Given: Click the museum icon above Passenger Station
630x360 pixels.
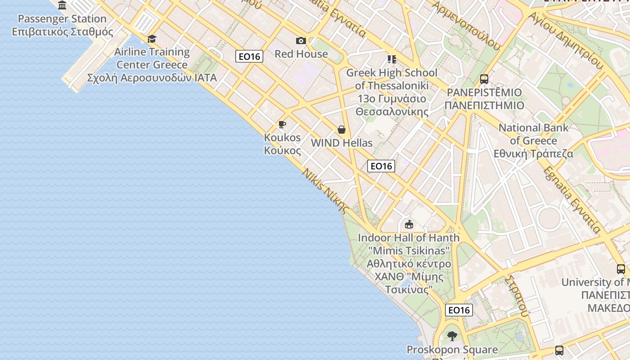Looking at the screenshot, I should [63, 5].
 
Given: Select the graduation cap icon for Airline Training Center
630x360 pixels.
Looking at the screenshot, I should [152, 39].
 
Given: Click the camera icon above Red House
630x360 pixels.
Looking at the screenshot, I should [301, 41].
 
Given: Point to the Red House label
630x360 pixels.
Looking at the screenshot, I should [301, 54].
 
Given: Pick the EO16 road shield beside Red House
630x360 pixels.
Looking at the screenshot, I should [249, 56].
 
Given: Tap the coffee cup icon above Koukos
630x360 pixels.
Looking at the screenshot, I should [282, 125].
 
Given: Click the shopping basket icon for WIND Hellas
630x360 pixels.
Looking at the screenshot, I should [342, 130].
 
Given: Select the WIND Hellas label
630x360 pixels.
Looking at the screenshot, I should [342, 143].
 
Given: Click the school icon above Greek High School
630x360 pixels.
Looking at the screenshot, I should [391, 59].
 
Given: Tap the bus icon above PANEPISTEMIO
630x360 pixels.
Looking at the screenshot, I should [484, 79].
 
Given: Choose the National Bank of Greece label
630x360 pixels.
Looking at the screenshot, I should [533, 140].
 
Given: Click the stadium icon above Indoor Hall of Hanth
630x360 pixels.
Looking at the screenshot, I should [409, 224].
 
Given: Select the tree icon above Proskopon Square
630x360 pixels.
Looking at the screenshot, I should [452, 336].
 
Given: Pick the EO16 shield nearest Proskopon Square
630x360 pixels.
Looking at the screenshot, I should [459, 310].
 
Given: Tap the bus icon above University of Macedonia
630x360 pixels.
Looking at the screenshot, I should [621, 269].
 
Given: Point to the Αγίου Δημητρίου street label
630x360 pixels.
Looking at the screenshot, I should [565, 40].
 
